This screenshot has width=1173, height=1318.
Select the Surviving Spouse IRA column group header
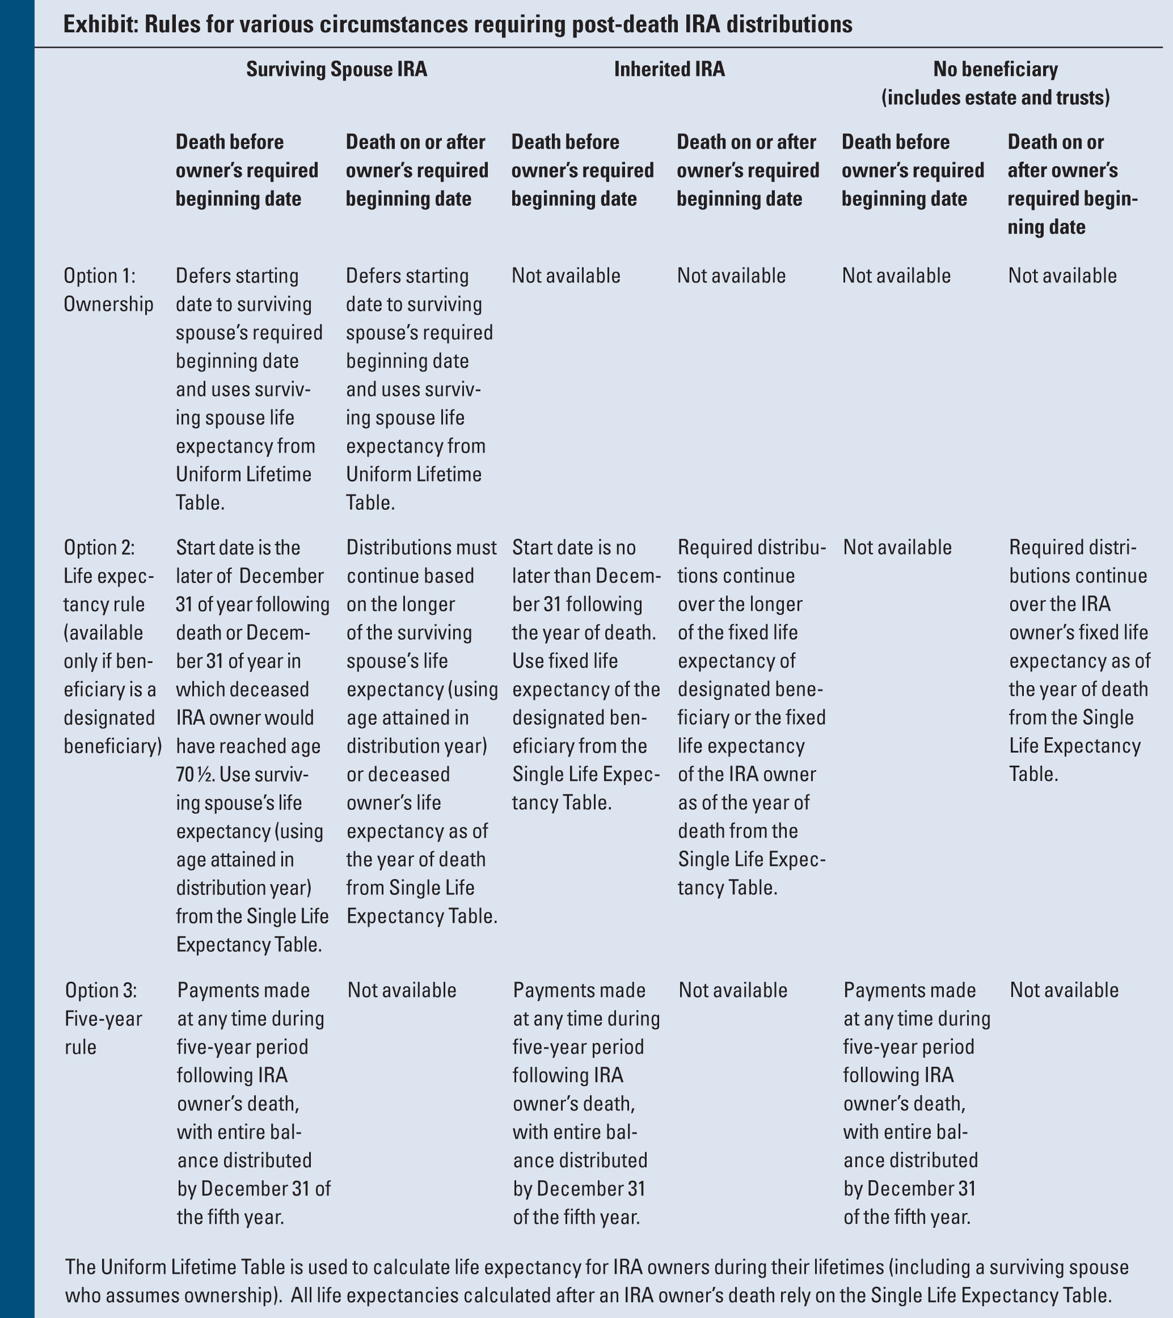pyautogui.click(x=336, y=69)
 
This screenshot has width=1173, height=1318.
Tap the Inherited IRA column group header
pyautogui.click(x=669, y=69)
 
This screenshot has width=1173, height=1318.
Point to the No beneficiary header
pyautogui.click(x=995, y=69)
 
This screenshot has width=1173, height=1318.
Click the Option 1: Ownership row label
pyautogui.click(x=108, y=290)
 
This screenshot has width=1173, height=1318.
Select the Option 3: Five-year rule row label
pyautogui.click(x=103, y=1018)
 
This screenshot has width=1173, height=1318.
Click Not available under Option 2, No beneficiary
pyautogui.click(x=897, y=547)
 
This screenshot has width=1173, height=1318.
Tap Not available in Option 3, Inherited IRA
pyautogui.click(x=733, y=990)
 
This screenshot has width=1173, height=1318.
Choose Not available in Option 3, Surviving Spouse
pyautogui.click(x=402, y=990)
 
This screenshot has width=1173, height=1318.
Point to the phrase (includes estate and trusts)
pyautogui.click(x=995, y=98)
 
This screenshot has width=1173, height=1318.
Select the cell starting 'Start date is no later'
pyautogui.click(x=585, y=674)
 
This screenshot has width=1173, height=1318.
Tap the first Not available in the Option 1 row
pyautogui.click(x=566, y=276)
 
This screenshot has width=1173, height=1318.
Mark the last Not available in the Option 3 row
pyautogui.click(x=1064, y=990)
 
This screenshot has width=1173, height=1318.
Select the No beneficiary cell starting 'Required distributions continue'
pyautogui.click(x=1078, y=660)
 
